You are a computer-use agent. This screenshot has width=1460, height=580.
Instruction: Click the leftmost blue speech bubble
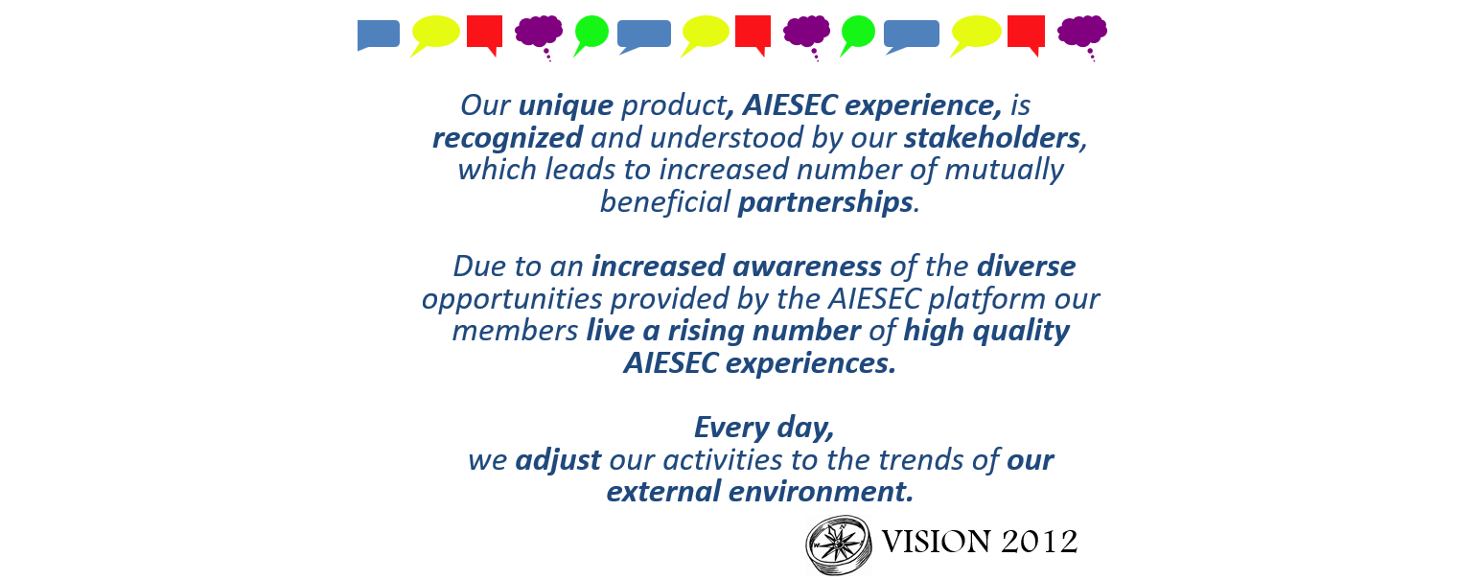point(378,35)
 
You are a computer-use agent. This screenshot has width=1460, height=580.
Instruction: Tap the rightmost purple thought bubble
point(1081,32)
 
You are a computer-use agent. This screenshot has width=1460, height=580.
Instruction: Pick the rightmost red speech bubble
point(1025,32)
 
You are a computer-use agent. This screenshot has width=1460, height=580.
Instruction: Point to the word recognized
point(507,138)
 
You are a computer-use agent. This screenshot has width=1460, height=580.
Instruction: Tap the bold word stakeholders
point(992,138)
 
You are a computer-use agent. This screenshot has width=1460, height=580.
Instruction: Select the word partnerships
point(824,202)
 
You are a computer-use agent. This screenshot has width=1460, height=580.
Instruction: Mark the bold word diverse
point(1026,266)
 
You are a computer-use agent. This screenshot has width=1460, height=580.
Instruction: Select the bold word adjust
point(558,460)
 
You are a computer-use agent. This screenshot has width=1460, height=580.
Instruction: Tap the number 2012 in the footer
point(1039,543)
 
